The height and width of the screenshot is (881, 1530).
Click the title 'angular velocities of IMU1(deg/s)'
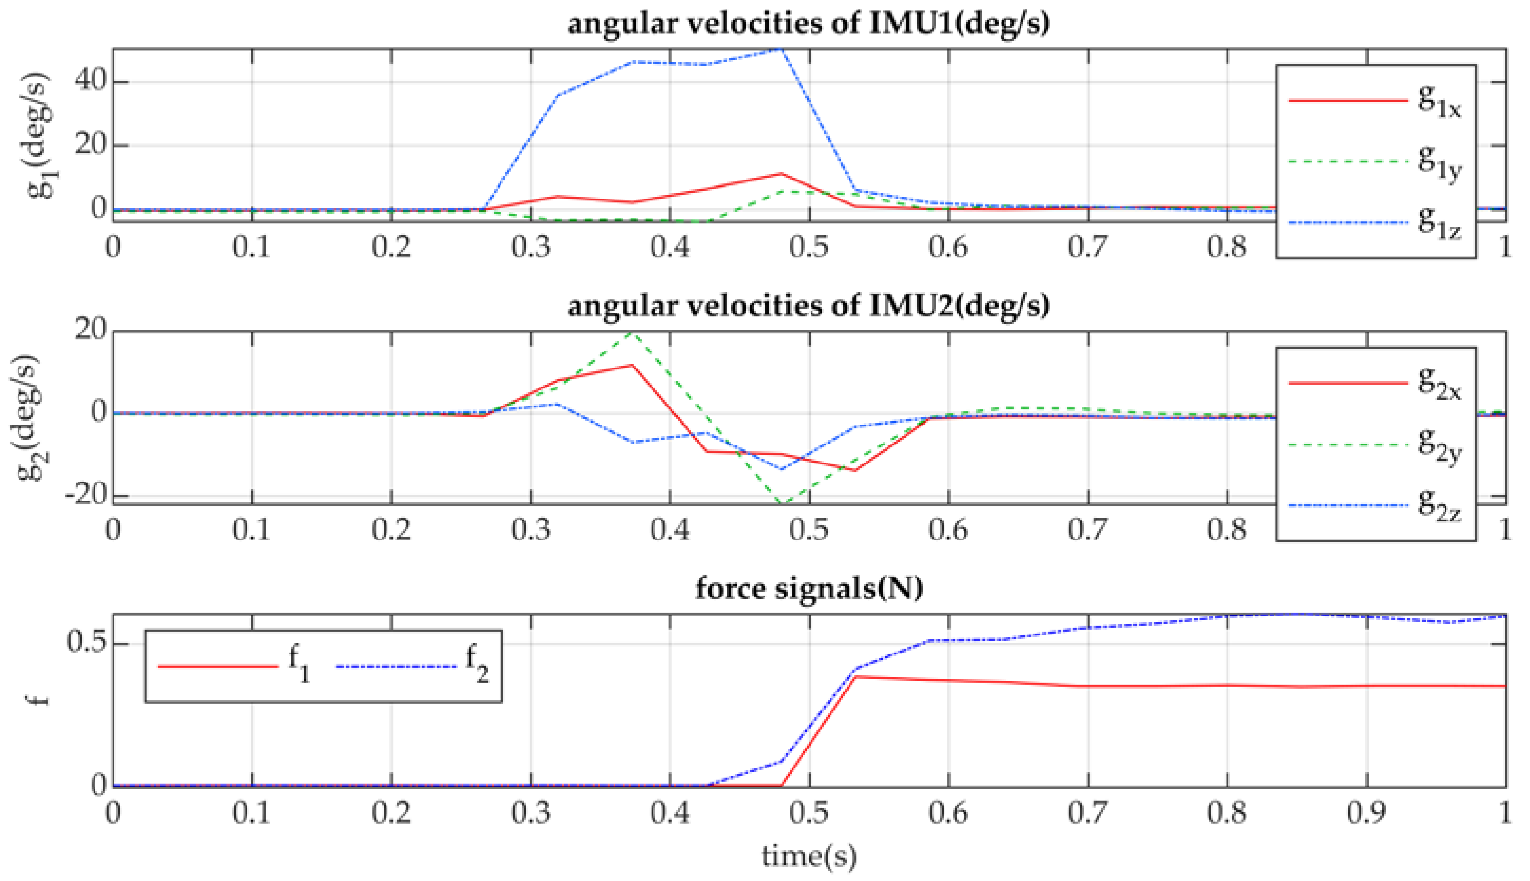point(808,23)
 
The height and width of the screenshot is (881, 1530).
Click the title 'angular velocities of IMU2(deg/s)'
point(808,305)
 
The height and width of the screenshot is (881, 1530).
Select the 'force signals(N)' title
point(809,587)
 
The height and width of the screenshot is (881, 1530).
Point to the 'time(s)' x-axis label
point(809,855)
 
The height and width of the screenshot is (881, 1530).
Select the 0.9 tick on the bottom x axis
point(1366,813)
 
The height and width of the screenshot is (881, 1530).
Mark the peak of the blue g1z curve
point(782,49)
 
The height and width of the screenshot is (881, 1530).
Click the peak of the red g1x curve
point(782,174)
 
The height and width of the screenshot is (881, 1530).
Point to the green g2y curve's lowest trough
point(782,503)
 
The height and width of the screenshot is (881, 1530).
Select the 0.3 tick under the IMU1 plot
point(530,247)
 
